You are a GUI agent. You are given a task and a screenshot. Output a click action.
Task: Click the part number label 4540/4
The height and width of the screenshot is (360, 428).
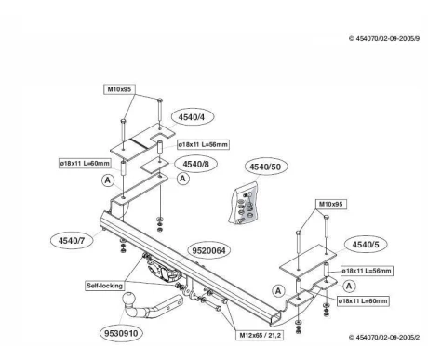(x=193, y=117)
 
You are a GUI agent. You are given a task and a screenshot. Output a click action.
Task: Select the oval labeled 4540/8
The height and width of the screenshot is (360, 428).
(x=195, y=164)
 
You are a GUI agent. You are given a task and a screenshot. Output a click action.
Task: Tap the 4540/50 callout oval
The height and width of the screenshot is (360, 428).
(x=265, y=167)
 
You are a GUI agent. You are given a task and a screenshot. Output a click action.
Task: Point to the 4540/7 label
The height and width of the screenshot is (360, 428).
(x=72, y=240)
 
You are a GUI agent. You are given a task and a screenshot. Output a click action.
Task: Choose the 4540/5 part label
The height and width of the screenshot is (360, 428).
(x=366, y=245)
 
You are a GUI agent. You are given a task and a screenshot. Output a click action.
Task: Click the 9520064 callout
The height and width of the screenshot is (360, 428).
(x=209, y=250)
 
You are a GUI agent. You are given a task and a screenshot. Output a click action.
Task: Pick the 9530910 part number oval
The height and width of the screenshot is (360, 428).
(x=121, y=333)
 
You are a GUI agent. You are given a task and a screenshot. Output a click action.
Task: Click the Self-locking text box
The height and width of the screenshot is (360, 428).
(x=104, y=286)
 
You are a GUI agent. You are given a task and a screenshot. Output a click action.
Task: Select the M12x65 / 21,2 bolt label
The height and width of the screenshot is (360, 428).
(x=260, y=335)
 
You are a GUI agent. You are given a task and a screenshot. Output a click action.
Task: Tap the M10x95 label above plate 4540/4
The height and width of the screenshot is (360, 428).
(x=119, y=89)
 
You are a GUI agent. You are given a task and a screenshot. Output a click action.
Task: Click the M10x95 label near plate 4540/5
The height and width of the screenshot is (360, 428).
(x=330, y=204)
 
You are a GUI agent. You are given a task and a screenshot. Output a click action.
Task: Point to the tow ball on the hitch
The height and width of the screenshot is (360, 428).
(x=129, y=299)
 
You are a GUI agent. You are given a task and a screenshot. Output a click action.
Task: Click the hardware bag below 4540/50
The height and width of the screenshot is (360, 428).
(x=244, y=203)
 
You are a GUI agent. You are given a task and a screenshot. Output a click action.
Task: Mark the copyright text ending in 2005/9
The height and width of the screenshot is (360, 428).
(x=384, y=39)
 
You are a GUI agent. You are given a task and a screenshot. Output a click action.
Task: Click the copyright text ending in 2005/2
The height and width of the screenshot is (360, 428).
(x=384, y=337)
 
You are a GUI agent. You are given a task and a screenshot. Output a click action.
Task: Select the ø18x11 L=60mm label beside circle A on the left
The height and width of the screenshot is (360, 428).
(x=85, y=163)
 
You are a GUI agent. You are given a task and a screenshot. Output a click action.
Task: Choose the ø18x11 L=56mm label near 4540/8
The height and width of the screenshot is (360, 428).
(x=203, y=144)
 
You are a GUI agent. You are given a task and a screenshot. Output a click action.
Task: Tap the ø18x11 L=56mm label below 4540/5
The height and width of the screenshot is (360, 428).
(x=367, y=271)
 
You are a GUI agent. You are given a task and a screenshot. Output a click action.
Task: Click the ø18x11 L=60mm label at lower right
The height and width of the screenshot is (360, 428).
(x=363, y=300)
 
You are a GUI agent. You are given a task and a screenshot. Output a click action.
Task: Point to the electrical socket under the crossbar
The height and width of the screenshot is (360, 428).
(x=162, y=271)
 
